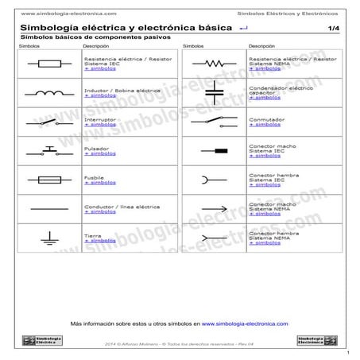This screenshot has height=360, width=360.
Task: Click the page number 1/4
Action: (332, 29)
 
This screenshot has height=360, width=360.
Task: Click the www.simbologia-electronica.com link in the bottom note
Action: (245, 324)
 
